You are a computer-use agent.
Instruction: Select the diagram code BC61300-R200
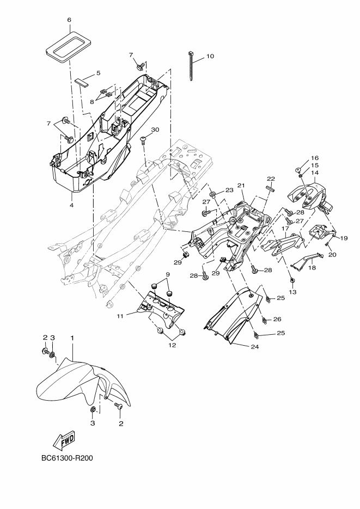tap(67, 458)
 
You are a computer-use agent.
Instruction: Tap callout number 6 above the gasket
tap(69, 20)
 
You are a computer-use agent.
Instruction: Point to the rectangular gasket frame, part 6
tap(68, 46)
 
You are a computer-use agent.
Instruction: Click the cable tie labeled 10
tap(191, 66)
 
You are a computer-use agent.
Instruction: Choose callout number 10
tap(210, 56)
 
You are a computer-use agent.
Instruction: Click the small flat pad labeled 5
tap(84, 81)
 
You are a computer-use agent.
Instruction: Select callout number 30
tap(155, 130)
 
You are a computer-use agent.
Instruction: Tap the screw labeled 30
tap(144, 141)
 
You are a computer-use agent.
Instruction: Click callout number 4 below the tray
tap(72, 205)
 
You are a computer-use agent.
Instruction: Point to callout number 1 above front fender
tap(72, 338)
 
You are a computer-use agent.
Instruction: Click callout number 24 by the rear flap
tap(255, 347)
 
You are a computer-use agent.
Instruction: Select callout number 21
tap(241, 185)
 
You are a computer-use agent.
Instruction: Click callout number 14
tap(315, 173)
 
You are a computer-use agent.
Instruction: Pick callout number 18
tap(312, 268)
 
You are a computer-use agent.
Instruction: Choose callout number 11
tap(120, 316)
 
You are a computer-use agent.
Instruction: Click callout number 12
tap(172, 345)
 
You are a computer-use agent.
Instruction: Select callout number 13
tap(292, 292)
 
